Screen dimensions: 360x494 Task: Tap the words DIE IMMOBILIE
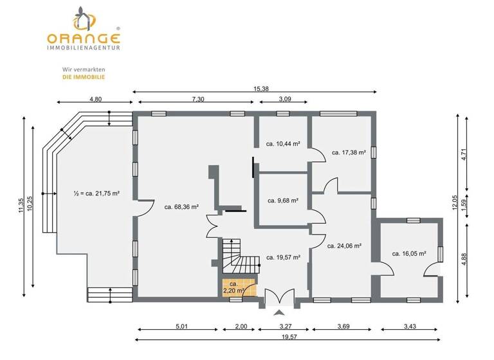pyautogui.click(x=84, y=76)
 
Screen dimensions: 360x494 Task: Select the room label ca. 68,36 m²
pyautogui.click(x=181, y=207)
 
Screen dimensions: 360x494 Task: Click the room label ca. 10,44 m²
pyautogui.click(x=284, y=144)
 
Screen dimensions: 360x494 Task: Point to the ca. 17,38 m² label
pyautogui.click(x=349, y=153)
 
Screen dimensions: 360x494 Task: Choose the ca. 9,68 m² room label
pyautogui.click(x=283, y=201)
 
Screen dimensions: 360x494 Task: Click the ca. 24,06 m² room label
pyautogui.click(x=344, y=246)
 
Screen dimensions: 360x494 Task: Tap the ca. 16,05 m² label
pyautogui.click(x=409, y=254)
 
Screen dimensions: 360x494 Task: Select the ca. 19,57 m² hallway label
pyautogui.click(x=284, y=257)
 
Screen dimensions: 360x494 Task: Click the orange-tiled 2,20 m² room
pyautogui.click(x=233, y=287)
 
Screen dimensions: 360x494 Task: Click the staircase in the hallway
pyautogui.click(x=235, y=258)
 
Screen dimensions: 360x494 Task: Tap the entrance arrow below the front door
pyautogui.click(x=279, y=313)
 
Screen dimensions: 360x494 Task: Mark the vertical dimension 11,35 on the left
pyautogui.click(x=21, y=204)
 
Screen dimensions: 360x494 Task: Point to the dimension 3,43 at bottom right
pyautogui.click(x=410, y=327)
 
